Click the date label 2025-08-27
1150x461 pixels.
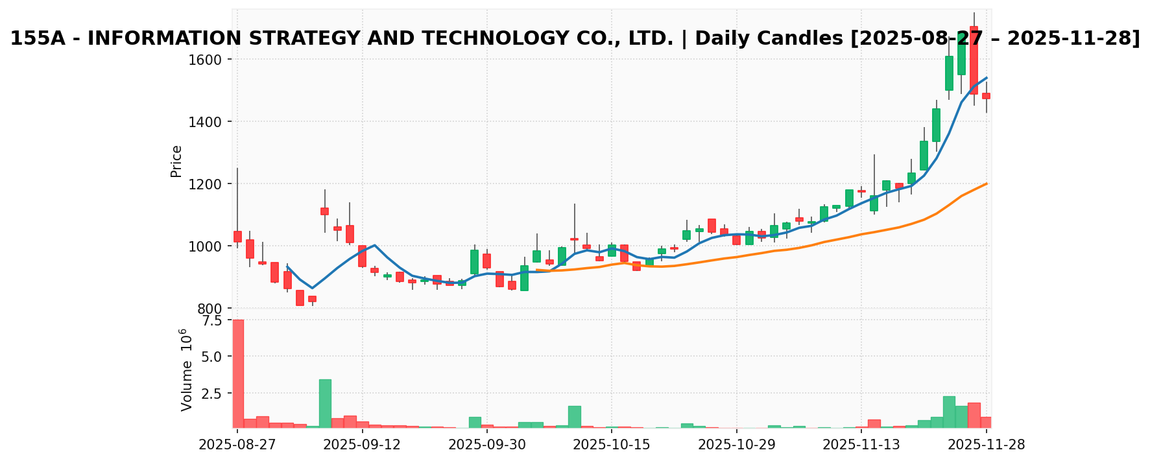[237, 444]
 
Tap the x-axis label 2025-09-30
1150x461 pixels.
[487, 444]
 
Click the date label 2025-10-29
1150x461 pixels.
[737, 444]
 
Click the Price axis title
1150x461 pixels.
[176, 161]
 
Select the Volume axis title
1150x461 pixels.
[186, 370]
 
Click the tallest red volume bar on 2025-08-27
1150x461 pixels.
[238, 373]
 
